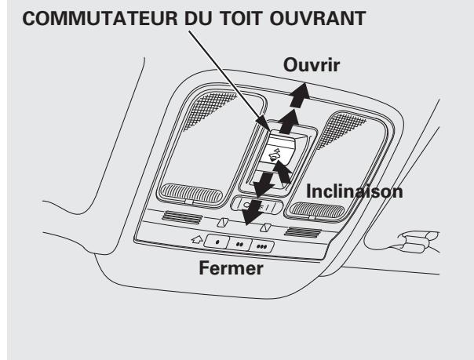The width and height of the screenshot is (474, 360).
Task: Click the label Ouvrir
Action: pyautogui.click(x=312, y=66)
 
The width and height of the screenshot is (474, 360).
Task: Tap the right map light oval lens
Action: pyautogui.click(x=315, y=208)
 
